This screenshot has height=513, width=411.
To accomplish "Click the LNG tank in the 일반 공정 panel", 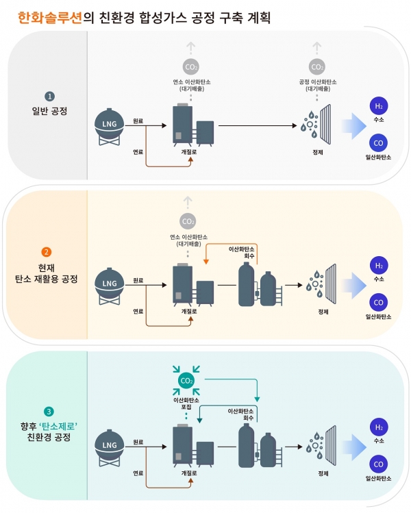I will coord(109,125).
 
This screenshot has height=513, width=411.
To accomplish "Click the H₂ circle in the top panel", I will coord(377,106).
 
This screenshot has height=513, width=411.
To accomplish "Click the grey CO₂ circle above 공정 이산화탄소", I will coord(317,67).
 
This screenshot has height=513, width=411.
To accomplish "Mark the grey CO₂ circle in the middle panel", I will coord(186,221).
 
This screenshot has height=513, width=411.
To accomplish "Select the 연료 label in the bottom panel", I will coord(138,472).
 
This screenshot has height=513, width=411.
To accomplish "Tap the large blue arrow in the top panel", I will coord(352,125).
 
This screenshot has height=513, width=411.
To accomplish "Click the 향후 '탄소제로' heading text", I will coord(48,425).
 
